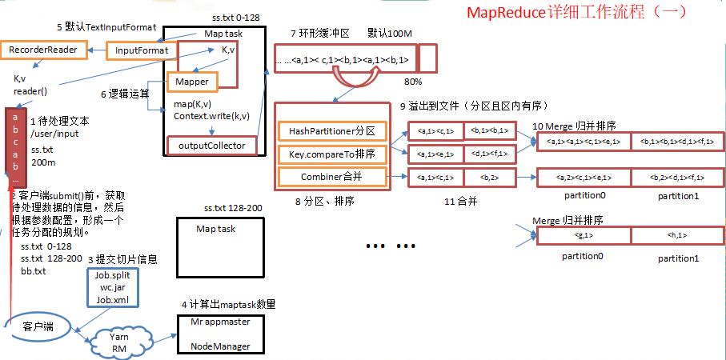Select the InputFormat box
(x=142, y=50)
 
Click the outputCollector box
(x=212, y=146)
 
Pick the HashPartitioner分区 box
(x=332, y=130)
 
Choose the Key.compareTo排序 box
(x=332, y=154)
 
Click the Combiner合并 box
(x=332, y=177)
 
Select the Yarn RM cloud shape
(x=119, y=342)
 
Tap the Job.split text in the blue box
(x=112, y=274)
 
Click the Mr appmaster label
(x=220, y=322)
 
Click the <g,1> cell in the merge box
(x=584, y=236)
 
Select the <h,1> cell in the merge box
(x=676, y=236)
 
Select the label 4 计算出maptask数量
(x=227, y=304)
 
